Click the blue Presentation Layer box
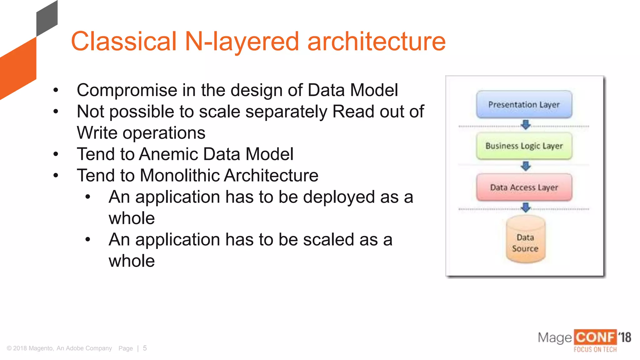[x=524, y=104]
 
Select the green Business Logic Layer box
[x=524, y=146]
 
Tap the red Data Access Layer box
[x=524, y=187]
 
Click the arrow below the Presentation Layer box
[x=526, y=125]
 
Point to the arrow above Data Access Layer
[x=526, y=166]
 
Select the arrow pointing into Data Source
[x=526, y=207]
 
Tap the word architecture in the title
[x=376, y=41]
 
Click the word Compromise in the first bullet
[x=127, y=90]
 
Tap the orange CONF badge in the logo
[x=595, y=337]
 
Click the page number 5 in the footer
[x=145, y=348]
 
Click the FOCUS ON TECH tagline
[x=595, y=349]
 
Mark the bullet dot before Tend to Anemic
[x=56, y=154]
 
